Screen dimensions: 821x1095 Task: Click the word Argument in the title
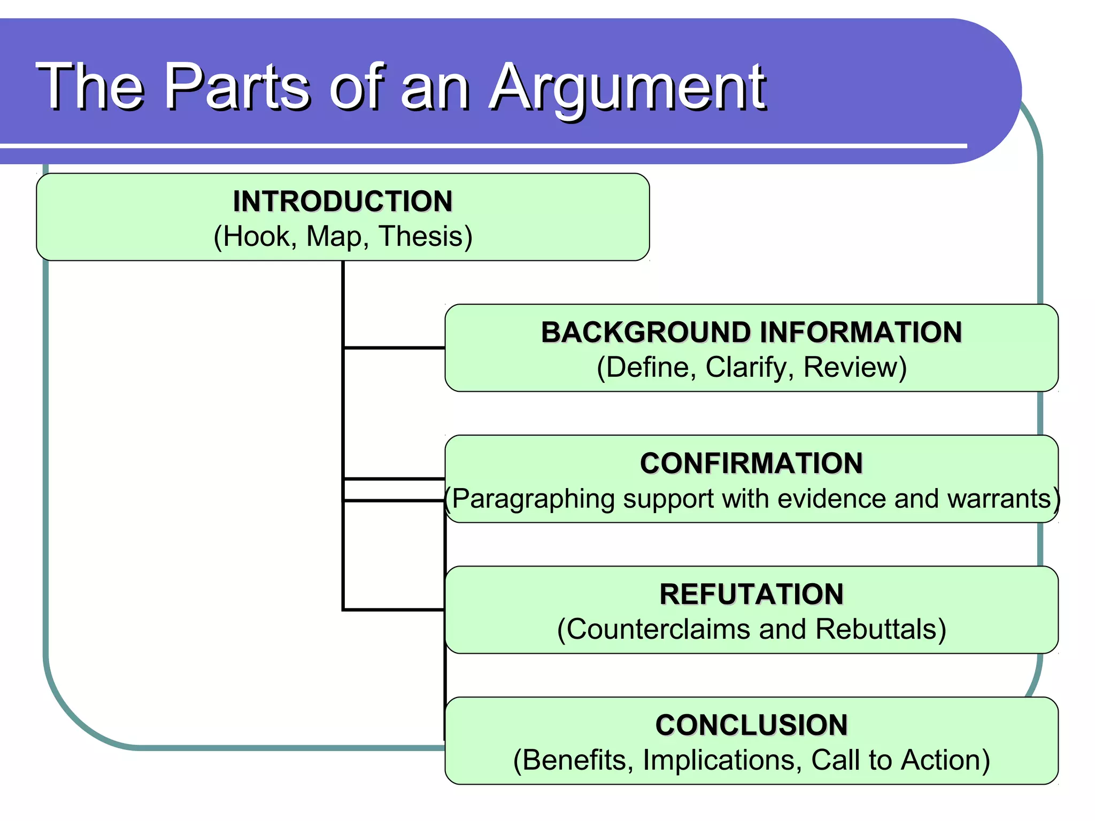pyautogui.click(x=628, y=87)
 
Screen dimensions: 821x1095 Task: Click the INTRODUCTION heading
pyautogui.click(x=343, y=202)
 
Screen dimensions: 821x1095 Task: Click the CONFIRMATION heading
pyautogui.click(x=751, y=463)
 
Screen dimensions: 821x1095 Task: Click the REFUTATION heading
pyautogui.click(x=751, y=594)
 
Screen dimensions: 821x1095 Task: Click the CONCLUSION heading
pyautogui.click(x=751, y=725)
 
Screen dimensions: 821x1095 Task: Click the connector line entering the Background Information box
pyautogui.click(x=394, y=348)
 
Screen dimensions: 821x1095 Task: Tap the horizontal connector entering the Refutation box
pyautogui.click(x=394, y=609)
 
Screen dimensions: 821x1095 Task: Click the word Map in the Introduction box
pyautogui.click(x=334, y=236)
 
